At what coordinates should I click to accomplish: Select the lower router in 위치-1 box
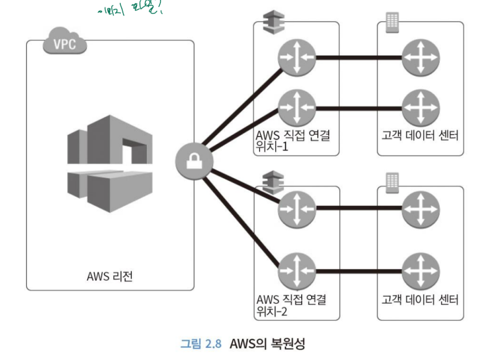tap(297, 107)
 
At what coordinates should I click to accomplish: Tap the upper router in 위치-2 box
tap(297, 206)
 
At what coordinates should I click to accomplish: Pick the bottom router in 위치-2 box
tap(297, 271)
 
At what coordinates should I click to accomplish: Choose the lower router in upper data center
tap(421, 107)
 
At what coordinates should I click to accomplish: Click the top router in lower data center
tap(421, 206)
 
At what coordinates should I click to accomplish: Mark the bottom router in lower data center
tap(421, 271)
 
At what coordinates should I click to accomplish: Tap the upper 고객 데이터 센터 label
tap(420, 135)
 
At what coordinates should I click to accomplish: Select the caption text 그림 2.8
tap(200, 344)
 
